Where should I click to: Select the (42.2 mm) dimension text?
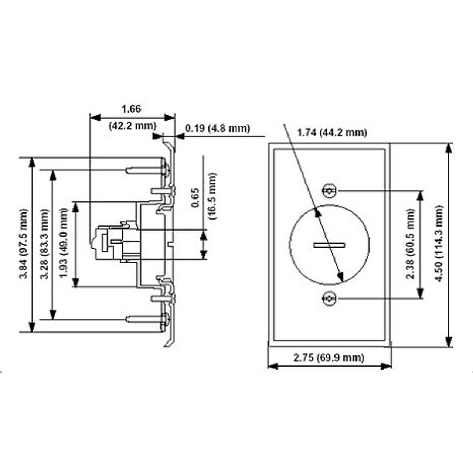coord(132,126)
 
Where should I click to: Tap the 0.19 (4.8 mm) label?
coord(218,129)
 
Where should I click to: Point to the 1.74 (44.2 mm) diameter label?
coord(332,132)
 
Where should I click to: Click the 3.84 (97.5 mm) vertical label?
coord(24,244)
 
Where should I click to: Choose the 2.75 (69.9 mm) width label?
coord(329,357)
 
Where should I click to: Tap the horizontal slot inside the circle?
coord(329,245)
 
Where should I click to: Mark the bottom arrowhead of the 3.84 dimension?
coord(32,327)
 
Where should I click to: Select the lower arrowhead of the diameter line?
coord(341,277)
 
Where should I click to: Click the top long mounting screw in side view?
coord(144,170)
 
